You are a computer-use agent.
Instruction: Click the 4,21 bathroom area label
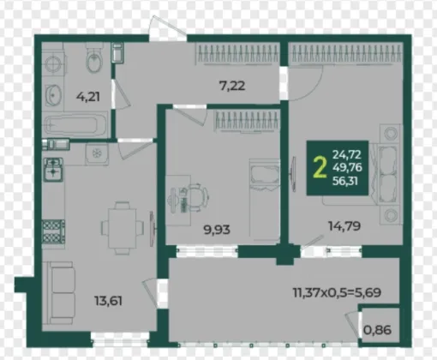pyautogui.click(x=88, y=97)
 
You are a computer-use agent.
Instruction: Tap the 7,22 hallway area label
pyautogui.click(x=232, y=86)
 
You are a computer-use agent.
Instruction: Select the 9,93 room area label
pyautogui.click(x=217, y=230)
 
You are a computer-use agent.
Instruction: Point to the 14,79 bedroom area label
pyautogui.click(x=344, y=226)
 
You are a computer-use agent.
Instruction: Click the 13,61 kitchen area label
pyautogui.click(x=108, y=301)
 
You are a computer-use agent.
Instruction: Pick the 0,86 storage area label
pyautogui.click(x=377, y=330)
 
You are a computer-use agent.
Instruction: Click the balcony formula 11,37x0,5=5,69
pyautogui.click(x=337, y=292)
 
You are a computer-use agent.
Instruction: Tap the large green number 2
pyautogui.click(x=320, y=168)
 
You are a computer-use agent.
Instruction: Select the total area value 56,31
pyautogui.click(x=345, y=181)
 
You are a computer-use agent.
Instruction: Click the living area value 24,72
pyautogui.click(x=347, y=154)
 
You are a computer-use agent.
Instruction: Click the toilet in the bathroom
pyautogui.click(x=94, y=58)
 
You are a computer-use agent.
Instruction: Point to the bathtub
pyautogui.click(x=75, y=125)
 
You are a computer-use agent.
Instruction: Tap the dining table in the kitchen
pyautogui.click(x=123, y=228)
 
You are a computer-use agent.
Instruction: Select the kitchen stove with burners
pyautogui.click(x=53, y=231)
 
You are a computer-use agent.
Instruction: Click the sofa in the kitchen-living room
pyautogui.click(x=59, y=293)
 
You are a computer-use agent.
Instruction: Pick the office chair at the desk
pyautogui.click(x=195, y=197)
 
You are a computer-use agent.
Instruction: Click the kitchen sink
pyautogui.click(x=53, y=169)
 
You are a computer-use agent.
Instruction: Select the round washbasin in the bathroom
pyautogui.click(x=53, y=95)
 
